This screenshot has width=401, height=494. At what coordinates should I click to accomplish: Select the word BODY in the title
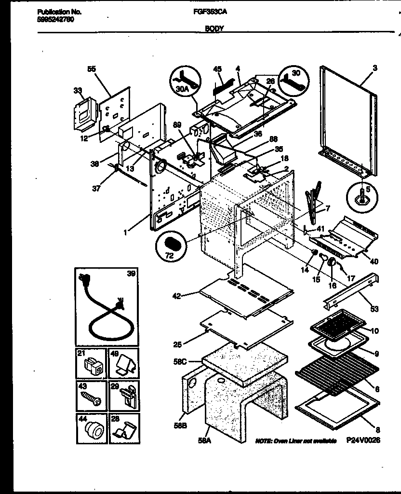click(214, 29)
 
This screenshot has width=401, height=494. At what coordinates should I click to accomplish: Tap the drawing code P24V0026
click(362, 440)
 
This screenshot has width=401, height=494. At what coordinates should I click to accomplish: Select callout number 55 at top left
click(92, 69)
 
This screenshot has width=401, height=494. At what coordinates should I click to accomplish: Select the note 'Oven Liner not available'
click(295, 440)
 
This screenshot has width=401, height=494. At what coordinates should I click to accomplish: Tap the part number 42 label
click(177, 296)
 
